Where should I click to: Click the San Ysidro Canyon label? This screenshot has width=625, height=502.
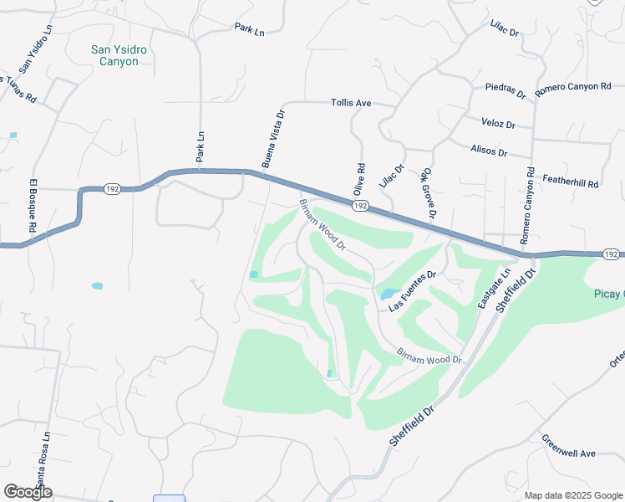pyautogui.click(x=119, y=55)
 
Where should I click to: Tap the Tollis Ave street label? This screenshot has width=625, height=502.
pyautogui.click(x=351, y=103)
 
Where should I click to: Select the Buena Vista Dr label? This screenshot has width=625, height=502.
pyautogui.click(x=273, y=139)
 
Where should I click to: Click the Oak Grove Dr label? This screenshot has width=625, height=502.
pyautogui.click(x=429, y=192)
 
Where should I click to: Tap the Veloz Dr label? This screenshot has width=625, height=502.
pyautogui.click(x=498, y=123)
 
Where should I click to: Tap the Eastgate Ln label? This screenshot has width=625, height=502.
pyautogui.click(x=494, y=289)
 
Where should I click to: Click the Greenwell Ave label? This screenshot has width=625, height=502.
pyautogui.click(x=568, y=447)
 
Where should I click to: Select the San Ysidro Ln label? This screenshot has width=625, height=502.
pyautogui.click(x=36, y=48)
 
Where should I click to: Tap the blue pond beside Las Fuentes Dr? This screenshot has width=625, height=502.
pyautogui.click(x=389, y=295)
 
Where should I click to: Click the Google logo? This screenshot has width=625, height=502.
pyautogui.click(x=28, y=492)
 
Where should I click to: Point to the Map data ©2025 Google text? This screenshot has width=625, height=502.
pyautogui.click(x=572, y=495)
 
